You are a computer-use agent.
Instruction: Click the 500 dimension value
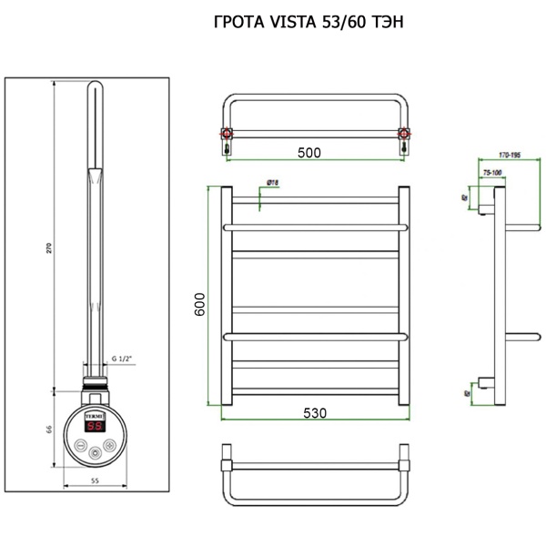309,153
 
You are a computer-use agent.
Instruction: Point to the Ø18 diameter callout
272,183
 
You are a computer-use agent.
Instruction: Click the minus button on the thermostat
81,446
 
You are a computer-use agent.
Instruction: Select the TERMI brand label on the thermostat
95,411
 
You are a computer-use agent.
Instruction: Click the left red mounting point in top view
226,136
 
